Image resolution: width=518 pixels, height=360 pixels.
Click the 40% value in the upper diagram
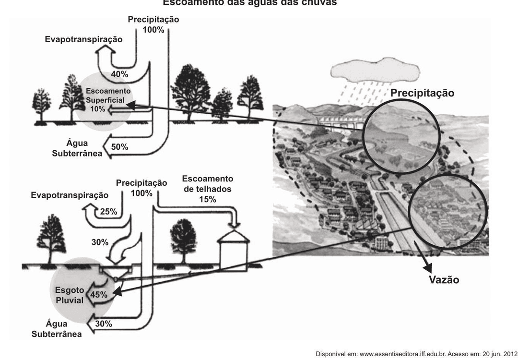119,74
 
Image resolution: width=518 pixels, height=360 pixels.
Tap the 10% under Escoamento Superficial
97,109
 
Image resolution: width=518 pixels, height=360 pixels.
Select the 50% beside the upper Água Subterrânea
119,147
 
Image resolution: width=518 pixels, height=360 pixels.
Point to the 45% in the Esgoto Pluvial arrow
99,295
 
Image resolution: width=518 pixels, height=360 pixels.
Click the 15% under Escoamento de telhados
207,199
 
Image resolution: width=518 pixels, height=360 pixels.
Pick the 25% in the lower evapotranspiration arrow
109,211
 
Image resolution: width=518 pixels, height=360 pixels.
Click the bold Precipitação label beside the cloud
422,93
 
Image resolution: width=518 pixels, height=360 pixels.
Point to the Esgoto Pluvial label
70,295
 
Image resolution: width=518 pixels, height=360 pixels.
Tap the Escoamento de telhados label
207,183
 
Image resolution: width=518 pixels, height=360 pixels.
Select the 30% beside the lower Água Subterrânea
104,324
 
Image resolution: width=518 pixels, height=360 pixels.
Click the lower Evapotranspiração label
70,195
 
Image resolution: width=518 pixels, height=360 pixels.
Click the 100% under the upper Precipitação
153,30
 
